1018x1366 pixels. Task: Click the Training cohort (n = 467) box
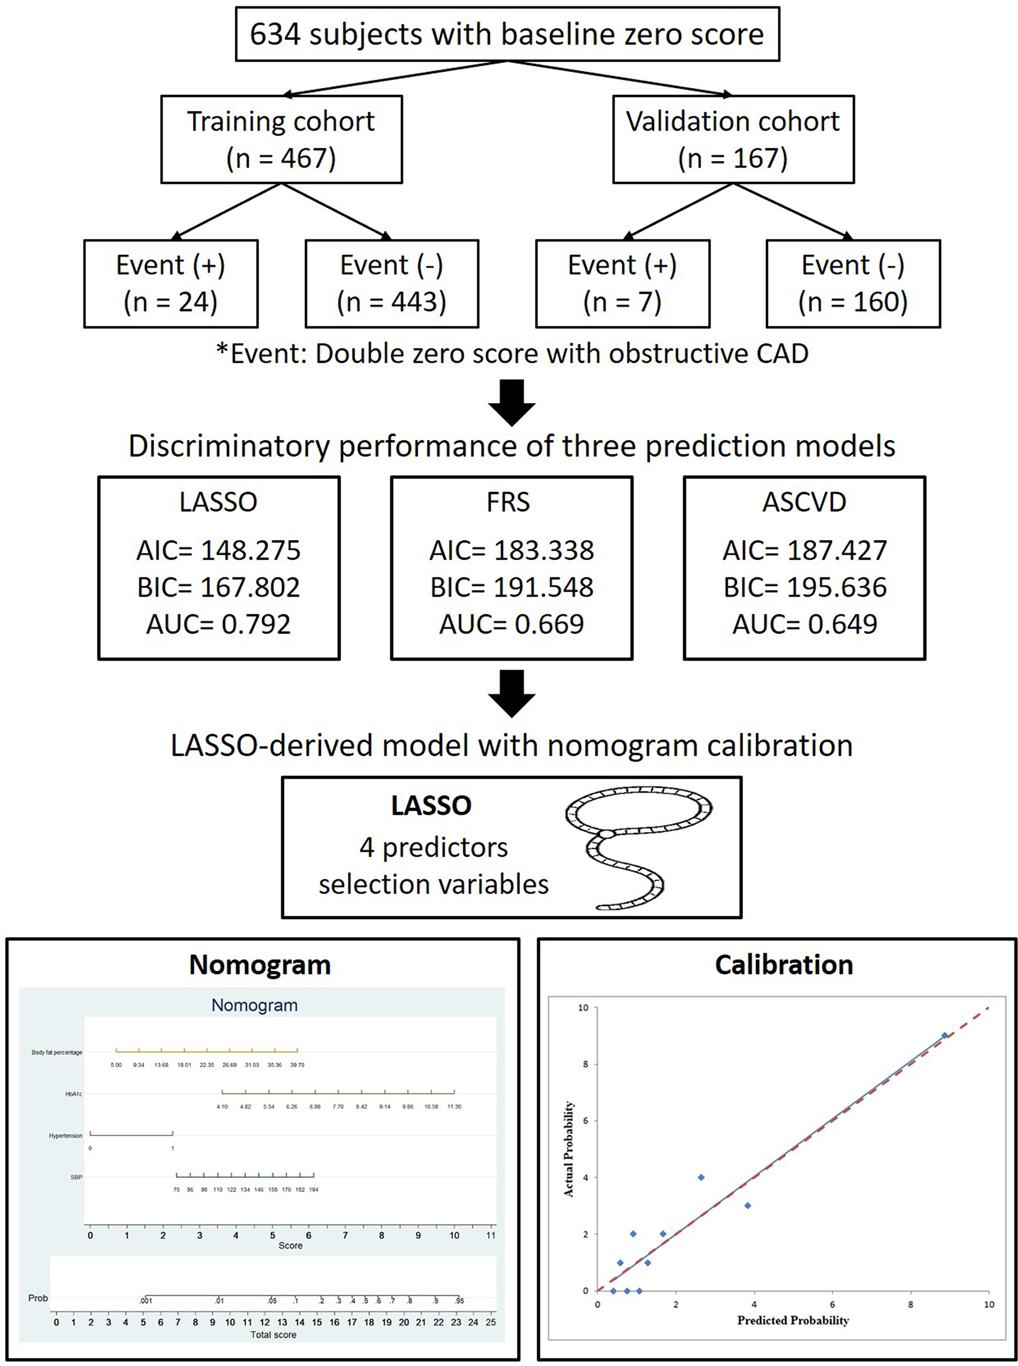click(281, 140)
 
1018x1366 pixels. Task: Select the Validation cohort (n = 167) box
click(733, 140)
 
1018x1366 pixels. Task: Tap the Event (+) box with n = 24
click(171, 284)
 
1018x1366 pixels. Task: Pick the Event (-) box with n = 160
click(853, 284)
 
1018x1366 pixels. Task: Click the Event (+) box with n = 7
click(623, 284)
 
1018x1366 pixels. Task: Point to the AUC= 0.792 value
click(218, 624)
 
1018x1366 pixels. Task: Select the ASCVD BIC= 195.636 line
click(805, 587)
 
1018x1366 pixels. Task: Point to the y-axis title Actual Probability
click(569, 1149)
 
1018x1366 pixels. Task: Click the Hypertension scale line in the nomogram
click(131, 1133)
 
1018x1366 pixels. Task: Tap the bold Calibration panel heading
click(784, 965)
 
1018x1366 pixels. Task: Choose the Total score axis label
click(273, 1335)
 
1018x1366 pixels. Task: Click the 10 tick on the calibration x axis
click(988, 1304)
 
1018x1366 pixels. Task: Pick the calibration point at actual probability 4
click(701, 1178)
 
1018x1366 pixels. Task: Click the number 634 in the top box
click(275, 34)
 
